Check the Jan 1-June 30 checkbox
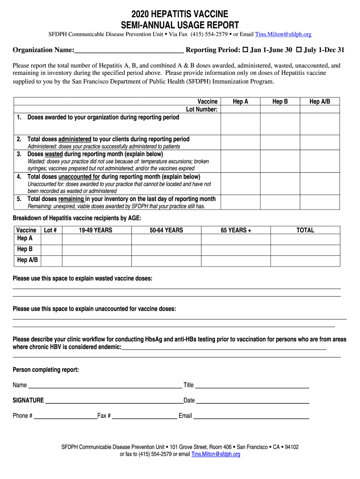click(245, 50)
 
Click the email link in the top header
click(283, 34)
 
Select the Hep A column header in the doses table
click(240, 102)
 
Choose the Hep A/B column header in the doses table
click(320, 102)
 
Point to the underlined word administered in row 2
click(74, 139)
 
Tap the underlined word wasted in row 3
click(54, 154)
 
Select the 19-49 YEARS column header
click(95, 230)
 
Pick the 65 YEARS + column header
click(236, 230)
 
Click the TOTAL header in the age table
click(305, 230)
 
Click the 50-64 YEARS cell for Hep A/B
click(166, 261)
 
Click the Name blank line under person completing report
click(105, 386)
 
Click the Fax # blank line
click(144, 416)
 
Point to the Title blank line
click(252, 386)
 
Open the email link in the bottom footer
click(216, 454)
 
